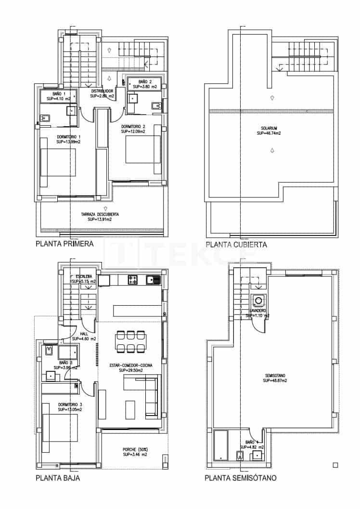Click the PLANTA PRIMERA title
[64, 244]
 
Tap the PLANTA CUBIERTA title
[236, 245]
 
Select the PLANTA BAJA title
[58, 478]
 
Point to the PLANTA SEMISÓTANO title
[240, 478]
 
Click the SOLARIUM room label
[271, 128]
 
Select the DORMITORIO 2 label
[133, 126]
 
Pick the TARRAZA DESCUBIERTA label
[100, 214]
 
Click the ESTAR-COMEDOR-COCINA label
[131, 365]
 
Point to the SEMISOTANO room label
[275, 376]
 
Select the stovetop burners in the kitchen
[133, 279]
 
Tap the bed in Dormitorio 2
[142, 150]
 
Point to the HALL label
[84, 334]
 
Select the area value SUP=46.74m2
[271, 133]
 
